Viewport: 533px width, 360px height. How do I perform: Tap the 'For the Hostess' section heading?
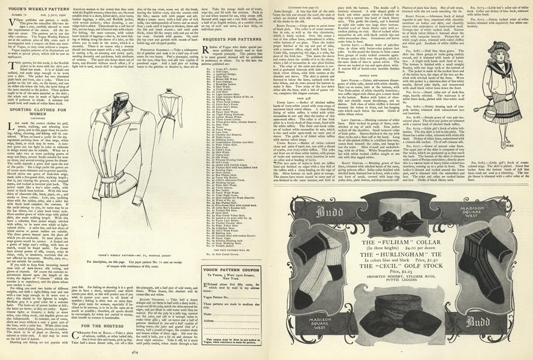(97, 325)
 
